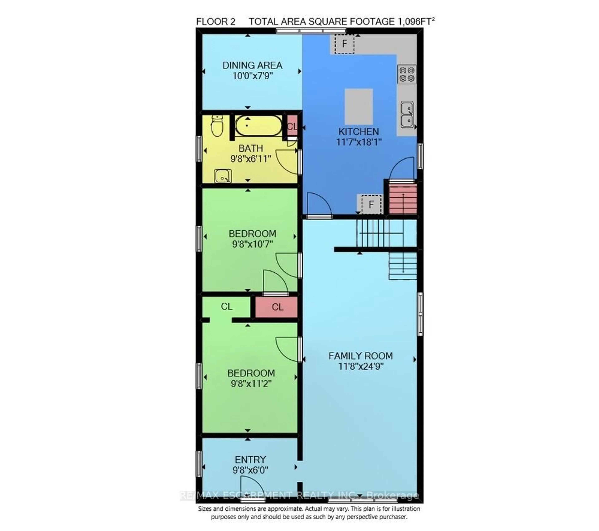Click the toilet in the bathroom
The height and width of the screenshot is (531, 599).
[x=217, y=126]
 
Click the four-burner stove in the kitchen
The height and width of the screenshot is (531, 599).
[x=407, y=74]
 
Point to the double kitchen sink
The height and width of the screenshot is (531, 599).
[x=407, y=115]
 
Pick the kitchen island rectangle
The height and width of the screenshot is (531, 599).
[x=358, y=106]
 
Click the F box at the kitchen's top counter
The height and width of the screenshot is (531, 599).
[x=344, y=44]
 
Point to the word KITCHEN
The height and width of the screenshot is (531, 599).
[x=358, y=131]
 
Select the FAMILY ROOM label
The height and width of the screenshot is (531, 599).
[x=360, y=356]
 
